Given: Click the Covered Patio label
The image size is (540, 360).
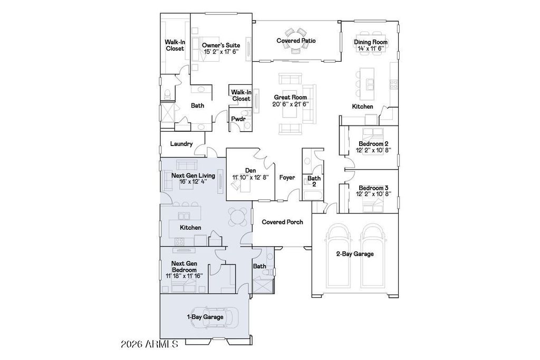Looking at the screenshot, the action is tap(296, 41).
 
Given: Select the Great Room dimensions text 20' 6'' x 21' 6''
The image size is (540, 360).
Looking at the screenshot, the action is tap(291, 104).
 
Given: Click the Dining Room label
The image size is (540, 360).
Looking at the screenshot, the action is tap(371, 42).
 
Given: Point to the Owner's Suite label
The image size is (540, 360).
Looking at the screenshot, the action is tap(221, 45).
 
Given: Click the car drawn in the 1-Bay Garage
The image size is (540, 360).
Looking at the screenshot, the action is tap(212, 317).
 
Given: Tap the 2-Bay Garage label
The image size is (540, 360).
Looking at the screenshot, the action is tap(355, 254).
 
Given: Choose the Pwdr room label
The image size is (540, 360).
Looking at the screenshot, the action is tap(238, 119).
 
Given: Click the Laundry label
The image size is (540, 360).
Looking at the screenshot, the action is tap(181, 144).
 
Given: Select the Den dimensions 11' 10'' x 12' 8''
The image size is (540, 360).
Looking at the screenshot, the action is tap(250, 177).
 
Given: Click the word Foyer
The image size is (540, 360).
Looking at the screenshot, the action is tap(287, 177).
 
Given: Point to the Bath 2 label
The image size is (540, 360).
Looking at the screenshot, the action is tap(314, 181).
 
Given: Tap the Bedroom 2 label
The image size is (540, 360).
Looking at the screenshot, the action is tap(371, 144).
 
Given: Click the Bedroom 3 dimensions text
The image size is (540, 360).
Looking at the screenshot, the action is tap(373, 194).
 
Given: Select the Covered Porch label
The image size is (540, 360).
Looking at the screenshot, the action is tap(283, 222).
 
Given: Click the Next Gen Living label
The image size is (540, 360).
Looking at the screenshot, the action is tap(193, 176).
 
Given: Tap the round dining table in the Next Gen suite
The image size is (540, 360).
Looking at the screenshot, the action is tap(238, 217).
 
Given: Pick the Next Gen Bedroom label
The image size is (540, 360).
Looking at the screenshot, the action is tap(184, 267).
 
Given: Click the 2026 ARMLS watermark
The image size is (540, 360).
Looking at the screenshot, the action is tap(149, 344).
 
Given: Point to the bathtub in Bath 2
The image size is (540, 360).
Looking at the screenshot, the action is tap(313, 196).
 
